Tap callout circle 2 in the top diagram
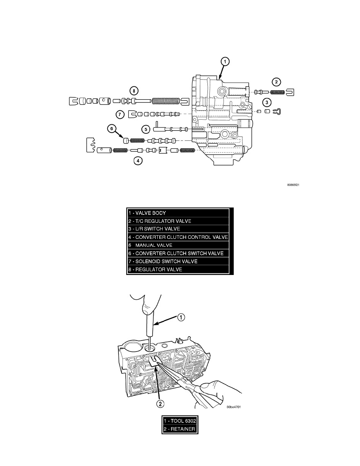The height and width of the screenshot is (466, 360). point(276,82)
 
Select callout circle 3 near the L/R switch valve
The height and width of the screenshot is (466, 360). point(267,103)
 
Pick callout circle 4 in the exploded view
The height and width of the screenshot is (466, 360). point(137,160)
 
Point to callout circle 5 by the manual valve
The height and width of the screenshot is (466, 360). point(145,128)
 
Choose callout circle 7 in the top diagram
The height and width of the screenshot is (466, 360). point(121,115)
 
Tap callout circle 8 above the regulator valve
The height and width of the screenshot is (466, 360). point(134,91)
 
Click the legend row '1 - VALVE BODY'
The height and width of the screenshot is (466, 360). point(178,213)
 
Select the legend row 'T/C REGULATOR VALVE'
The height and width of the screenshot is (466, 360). point(178,221)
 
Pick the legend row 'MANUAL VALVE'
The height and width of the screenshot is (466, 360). point(178,245)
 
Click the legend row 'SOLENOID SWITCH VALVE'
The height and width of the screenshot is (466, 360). point(178,261)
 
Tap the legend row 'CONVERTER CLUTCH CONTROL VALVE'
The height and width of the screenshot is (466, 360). point(178,237)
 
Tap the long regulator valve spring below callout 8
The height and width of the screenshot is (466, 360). point(167,101)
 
